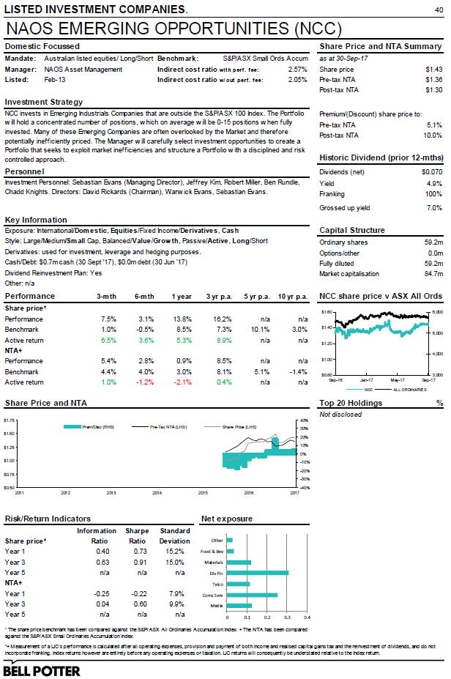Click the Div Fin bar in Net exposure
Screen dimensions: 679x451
[258, 572]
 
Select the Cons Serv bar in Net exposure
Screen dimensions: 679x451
[252, 595]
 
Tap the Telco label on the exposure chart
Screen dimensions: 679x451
[218, 584]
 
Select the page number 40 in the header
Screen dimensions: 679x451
[439, 9]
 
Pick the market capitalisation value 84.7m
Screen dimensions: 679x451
[432, 274]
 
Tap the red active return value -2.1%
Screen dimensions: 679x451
[183, 382]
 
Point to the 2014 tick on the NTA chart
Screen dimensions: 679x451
[157, 493]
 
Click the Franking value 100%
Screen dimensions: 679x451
[432, 193]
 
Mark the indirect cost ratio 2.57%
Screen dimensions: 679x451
[297, 69]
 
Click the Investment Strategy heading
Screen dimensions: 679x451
[44, 102]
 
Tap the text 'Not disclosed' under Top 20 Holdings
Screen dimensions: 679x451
[340, 415]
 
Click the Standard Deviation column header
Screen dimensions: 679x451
[175, 535]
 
